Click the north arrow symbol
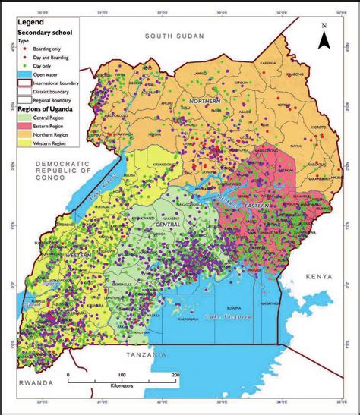[323, 35]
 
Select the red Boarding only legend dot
[22, 48]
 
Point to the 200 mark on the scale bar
[175, 376]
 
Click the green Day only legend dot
[22, 65]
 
